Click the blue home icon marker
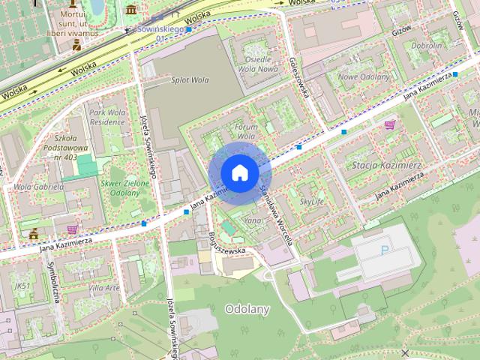click(x=239, y=173)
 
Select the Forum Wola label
click(x=246, y=132)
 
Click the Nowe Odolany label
click(x=364, y=76)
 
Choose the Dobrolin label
click(x=427, y=45)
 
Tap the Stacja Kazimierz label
click(x=387, y=164)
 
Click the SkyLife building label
click(x=312, y=202)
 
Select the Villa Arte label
click(x=103, y=288)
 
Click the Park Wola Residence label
click(x=106, y=117)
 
